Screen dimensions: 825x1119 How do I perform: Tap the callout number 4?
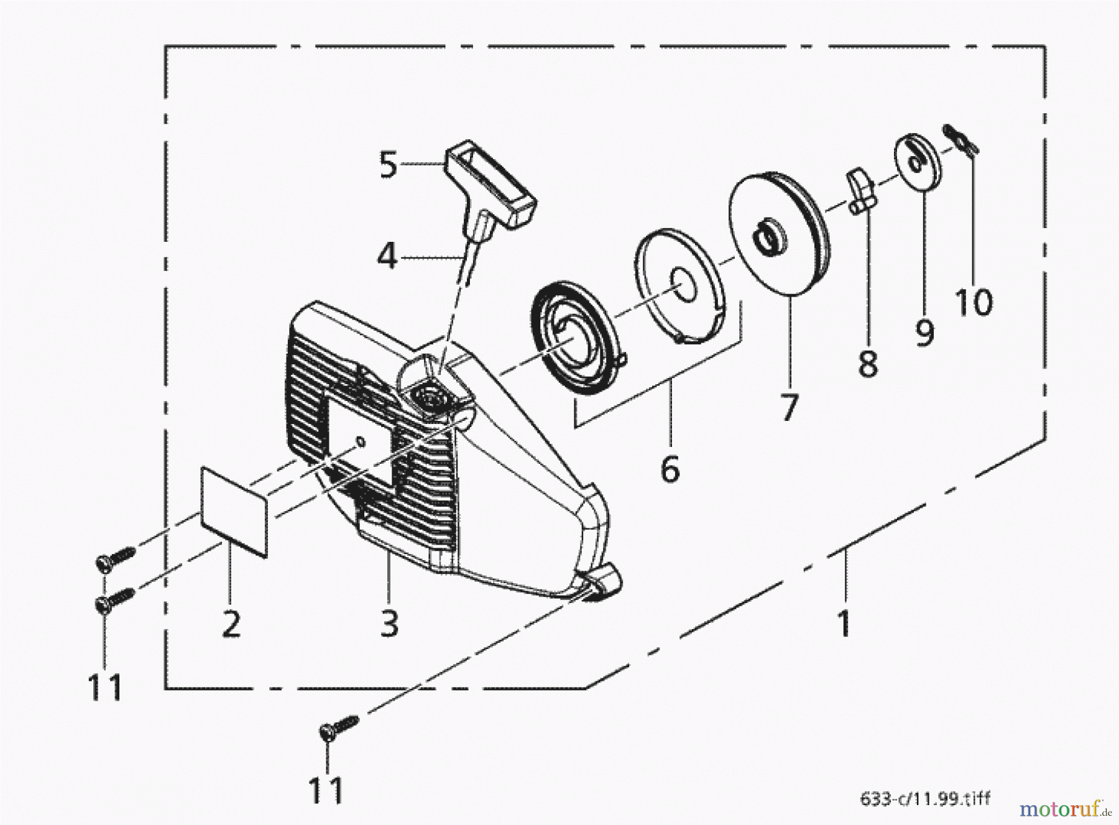[x=387, y=256]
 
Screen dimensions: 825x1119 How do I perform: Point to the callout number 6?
[x=670, y=469]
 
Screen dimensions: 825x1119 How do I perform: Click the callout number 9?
[x=924, y=331]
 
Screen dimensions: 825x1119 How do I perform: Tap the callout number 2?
[x=231, y=622]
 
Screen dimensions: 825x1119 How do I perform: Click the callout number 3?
[x=389, y=622]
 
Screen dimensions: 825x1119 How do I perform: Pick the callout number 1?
[x=844, y=622]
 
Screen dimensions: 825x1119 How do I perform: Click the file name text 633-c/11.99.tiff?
[x=924, y=798]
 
